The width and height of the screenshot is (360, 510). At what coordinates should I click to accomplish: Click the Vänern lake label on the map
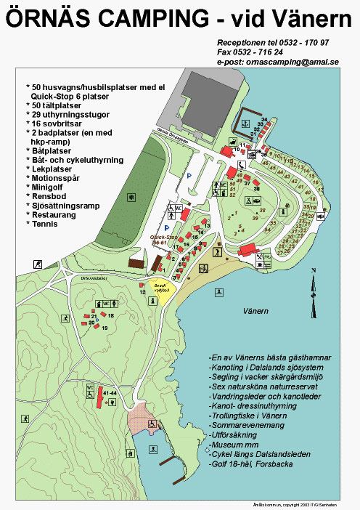255,311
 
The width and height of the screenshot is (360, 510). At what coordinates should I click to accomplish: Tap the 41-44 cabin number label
110,392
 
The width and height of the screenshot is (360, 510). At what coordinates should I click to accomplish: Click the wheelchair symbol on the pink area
151,424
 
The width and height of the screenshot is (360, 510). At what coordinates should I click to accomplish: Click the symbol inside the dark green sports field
131,196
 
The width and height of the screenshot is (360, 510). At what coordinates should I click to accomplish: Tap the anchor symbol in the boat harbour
247,113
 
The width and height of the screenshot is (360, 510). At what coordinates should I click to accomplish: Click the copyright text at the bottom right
302,503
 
